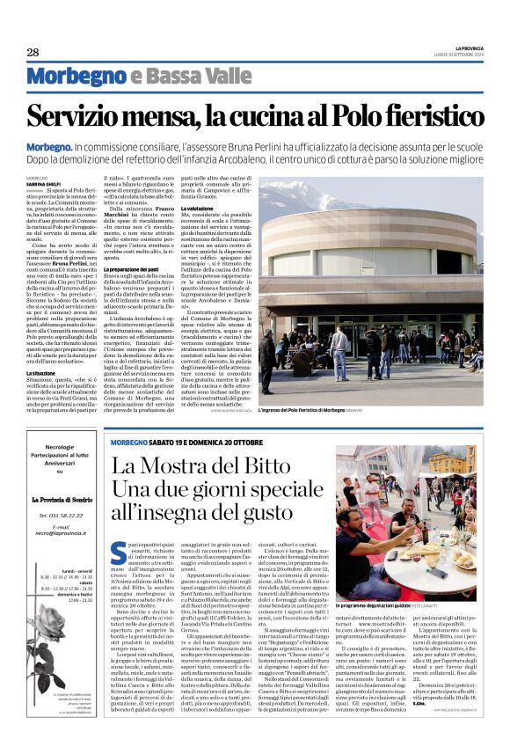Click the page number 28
pyautogui.click(x=33, y=53)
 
